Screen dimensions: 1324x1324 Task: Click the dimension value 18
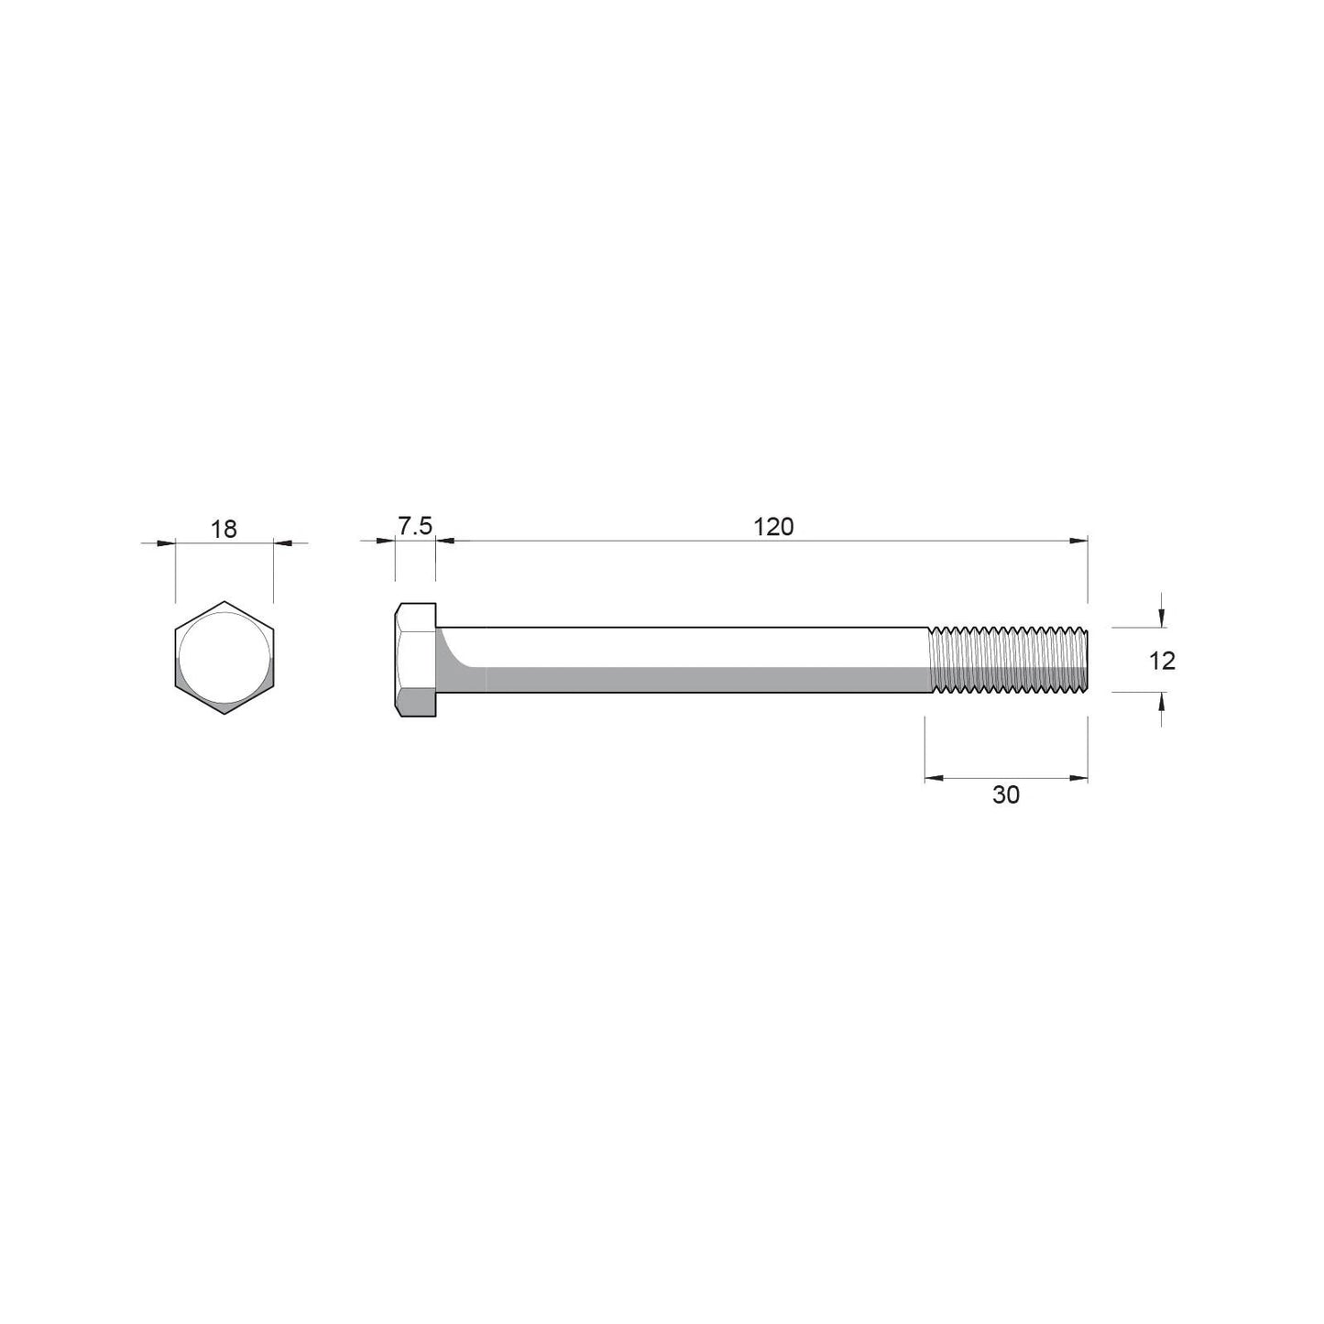pyautogui.click(x=224, y=529)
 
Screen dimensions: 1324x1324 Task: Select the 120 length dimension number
pyautogui.click(x=773, y=527)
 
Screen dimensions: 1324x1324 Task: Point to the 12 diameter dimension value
pyautogui.click(x=1162, y=660)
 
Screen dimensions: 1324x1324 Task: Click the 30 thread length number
pyautogui.click(x=1006, y=794)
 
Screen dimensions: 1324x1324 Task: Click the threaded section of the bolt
pyautogui.click(x=1008, y=660)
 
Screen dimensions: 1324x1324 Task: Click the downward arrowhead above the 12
pyautogui.click(x=1161, y=620)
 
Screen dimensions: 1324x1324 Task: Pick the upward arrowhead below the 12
pyautogui.click(x=1161, y=700)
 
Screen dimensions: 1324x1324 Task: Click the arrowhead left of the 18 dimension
pyautogui.click(x=166, y=543)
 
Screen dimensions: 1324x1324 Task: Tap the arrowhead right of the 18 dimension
pyautogui.click(x=283, y=543)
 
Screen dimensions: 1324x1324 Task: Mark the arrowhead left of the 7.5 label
pyautogui.click(x=387, y=541)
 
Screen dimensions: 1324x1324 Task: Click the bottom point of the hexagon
pyautogui.click(x=224, y=714)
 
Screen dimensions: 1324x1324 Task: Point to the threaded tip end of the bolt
pyautogui.click(x=1086, y=660)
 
